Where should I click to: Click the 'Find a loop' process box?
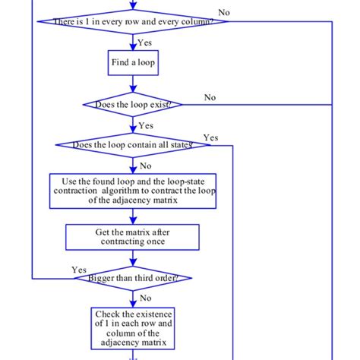(134, 63)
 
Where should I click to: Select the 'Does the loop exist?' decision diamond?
(134, 104)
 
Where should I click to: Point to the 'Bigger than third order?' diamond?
(134, 278)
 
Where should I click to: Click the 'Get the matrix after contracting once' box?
(134, 237)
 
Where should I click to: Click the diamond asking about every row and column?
(134, 21)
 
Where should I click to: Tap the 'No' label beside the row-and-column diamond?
(225, 12)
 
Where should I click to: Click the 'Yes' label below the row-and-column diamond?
(144, 43)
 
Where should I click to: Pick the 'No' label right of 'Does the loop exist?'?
(210, 97)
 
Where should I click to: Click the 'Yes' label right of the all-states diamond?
(210, 137)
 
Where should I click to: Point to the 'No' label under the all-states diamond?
(144, 166)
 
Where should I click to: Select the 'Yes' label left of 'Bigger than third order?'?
(78, 270)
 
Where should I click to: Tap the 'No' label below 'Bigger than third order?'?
(144, 298)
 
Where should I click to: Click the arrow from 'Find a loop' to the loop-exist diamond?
(134, 85)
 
